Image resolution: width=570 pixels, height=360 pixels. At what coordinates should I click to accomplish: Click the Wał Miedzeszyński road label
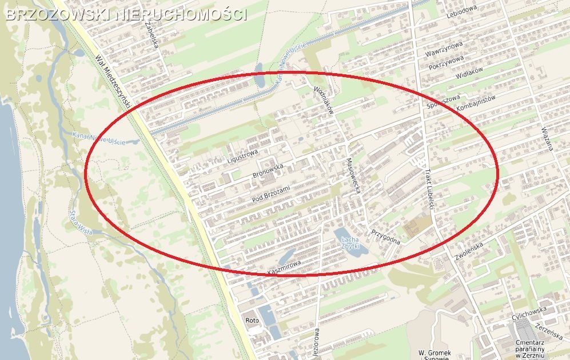coord(114,80)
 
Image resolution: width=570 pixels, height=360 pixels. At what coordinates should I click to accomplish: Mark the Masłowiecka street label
coord(353,176)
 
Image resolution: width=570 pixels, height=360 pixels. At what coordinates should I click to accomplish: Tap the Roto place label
coord(252,321)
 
